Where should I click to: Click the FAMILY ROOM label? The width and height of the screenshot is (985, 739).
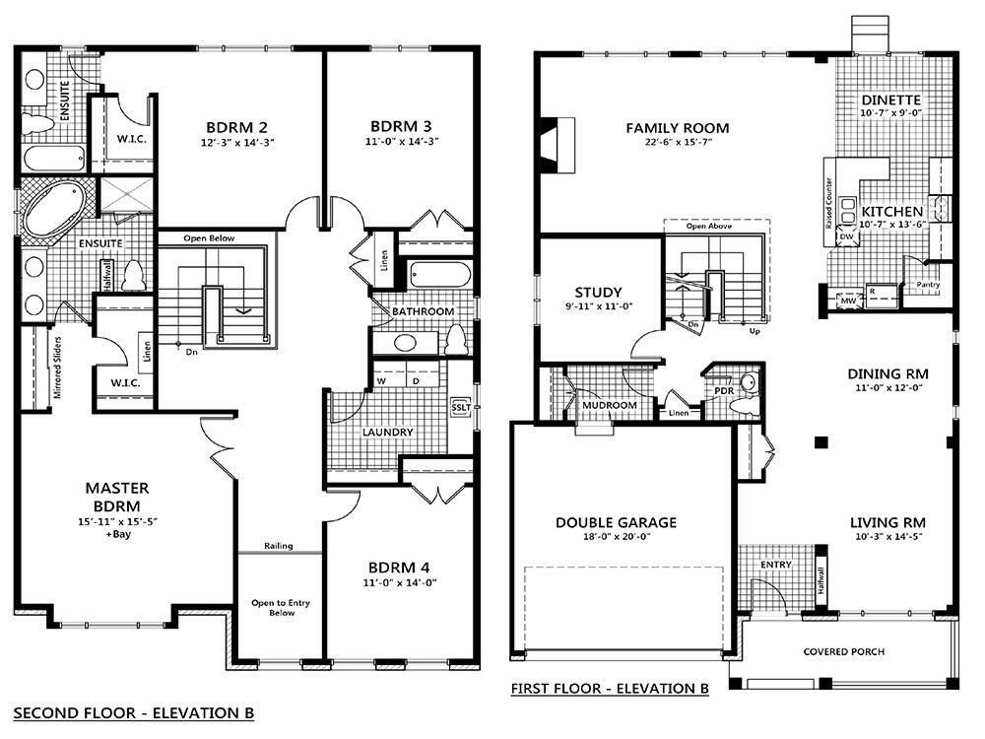pos(678,127)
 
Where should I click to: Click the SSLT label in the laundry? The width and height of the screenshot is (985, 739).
pos(460,406)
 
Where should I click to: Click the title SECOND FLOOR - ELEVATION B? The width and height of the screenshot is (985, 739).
pos(134,711)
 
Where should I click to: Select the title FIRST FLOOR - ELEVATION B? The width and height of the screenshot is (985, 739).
pos(610,689)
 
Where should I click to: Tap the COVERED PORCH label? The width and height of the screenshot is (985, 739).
pos(843,651)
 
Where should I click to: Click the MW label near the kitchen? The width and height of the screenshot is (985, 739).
pos(846,302)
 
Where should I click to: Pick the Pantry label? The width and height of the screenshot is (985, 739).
pos(927,285)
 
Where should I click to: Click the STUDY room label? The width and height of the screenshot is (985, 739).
pos(598,292)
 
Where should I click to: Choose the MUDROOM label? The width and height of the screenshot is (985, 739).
pos(610,405)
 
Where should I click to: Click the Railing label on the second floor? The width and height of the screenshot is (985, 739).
pos(279,546)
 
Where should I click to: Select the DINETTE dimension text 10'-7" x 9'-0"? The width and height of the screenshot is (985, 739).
pos(890,113)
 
